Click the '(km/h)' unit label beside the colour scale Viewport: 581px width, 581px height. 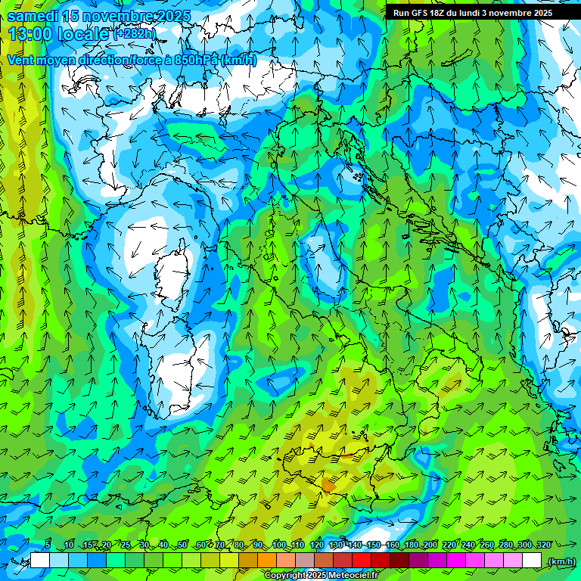(x=561, y=561)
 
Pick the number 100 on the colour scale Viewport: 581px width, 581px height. (x=279, y=545)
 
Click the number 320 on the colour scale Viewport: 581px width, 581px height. (x=544, y=545)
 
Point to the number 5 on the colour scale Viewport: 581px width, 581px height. (x=48, y=545)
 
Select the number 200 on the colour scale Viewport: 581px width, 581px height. (x=430, y=545)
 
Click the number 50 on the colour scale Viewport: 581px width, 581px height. (x=182, y=545)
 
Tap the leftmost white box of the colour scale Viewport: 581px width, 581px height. (x=40, y=561)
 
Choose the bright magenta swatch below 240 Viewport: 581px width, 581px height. (x=457, y=561)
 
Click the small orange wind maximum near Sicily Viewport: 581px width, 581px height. (x=328, y=483)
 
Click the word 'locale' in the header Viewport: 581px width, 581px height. (x=84, y=34)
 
